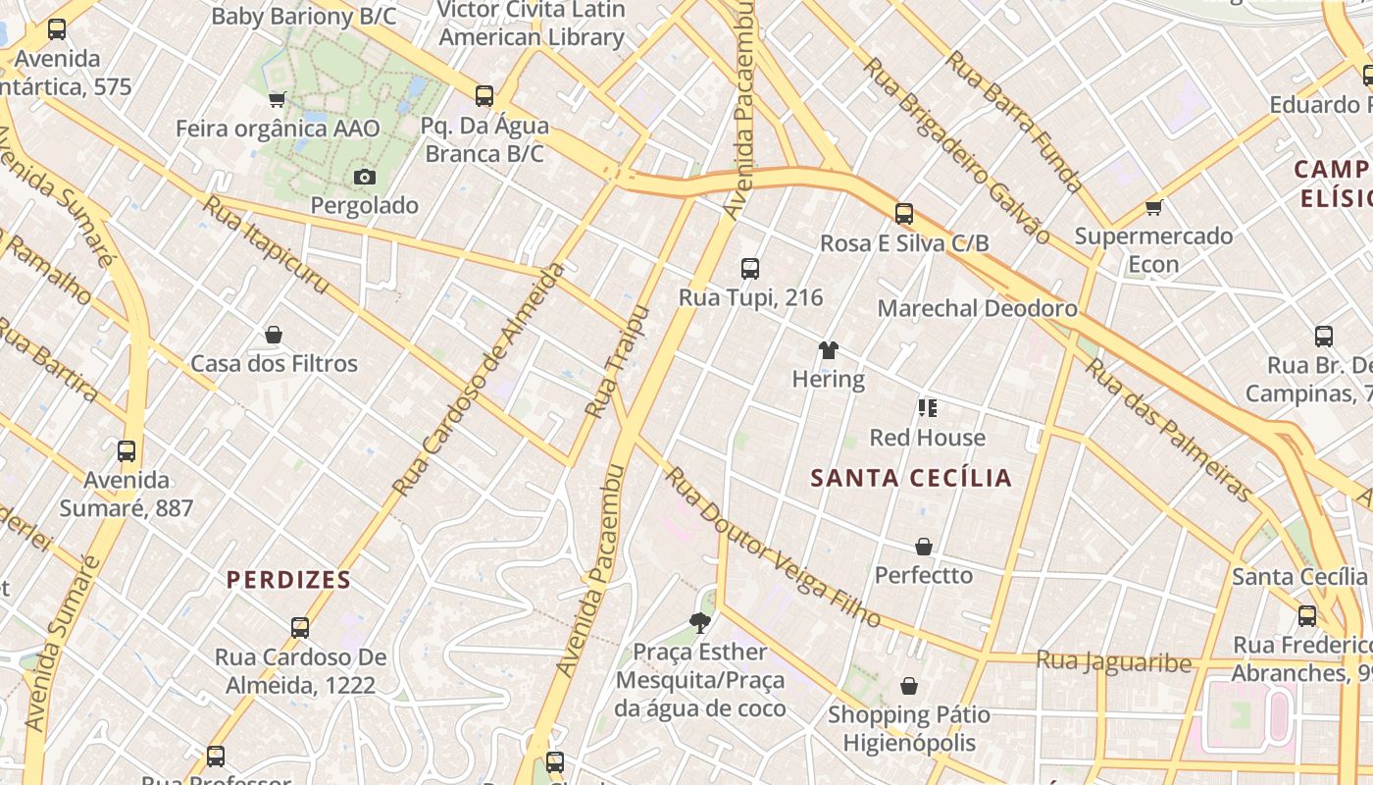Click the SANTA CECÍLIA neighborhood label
point(911,478)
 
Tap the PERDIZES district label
point(288,580)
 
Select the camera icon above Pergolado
point(365,177)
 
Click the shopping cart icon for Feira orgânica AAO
point(277,99)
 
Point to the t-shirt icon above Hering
point(829,350)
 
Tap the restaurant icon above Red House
point(927,407)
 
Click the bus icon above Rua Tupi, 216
point(750,268)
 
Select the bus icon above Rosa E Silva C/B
point(904,213)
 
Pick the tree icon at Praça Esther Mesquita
point(699,622)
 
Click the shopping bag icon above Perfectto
point(924,546)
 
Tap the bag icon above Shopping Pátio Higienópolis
point(909,685)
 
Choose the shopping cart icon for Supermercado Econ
point(1154,207)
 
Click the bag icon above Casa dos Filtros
point(274,335)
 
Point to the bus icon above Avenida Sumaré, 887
point(127,451)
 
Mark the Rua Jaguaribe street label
point(1113,661)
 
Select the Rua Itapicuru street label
point(265,244)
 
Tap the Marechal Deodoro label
point(977,308)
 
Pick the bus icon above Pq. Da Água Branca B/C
point(484,96)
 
